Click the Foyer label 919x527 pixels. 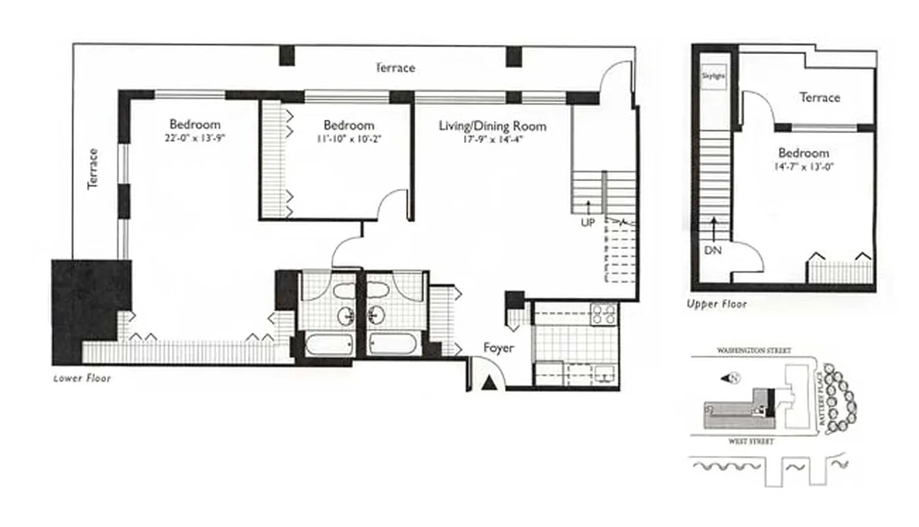tap(498, 348)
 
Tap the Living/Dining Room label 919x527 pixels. tap(492, 126)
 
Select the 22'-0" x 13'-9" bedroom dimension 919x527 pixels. tap(194, 138)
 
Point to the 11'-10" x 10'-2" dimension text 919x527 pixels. tap(348, 139)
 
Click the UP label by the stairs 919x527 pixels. tap(587, 223)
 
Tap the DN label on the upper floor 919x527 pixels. tap(713, 250)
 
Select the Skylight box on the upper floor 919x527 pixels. tap(714, 76)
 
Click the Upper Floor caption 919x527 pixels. tap(717, 304)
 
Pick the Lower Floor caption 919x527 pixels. tap(82, 379)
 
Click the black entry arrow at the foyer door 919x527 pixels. tap(488, 383)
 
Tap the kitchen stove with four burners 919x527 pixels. tap(604, 314)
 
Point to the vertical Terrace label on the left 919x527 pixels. tap(93, 169)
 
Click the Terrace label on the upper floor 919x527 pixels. tap(820, 97)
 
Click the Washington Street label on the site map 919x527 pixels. tap(754, 351)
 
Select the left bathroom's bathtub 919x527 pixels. tap(329, 344)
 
